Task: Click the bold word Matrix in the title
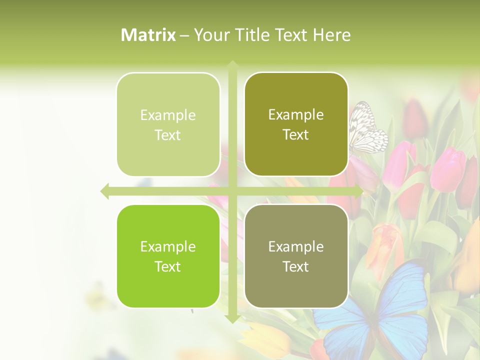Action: [148, 35]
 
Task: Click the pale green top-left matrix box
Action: [168, 124]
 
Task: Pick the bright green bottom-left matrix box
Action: [168, 256]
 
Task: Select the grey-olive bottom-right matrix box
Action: [296, 256]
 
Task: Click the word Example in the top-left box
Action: [168, 115]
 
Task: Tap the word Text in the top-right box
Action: [296, 134]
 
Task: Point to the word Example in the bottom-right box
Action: [296, 246]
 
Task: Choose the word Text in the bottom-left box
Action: [168, 266]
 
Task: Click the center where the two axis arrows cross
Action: [232, 191]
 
